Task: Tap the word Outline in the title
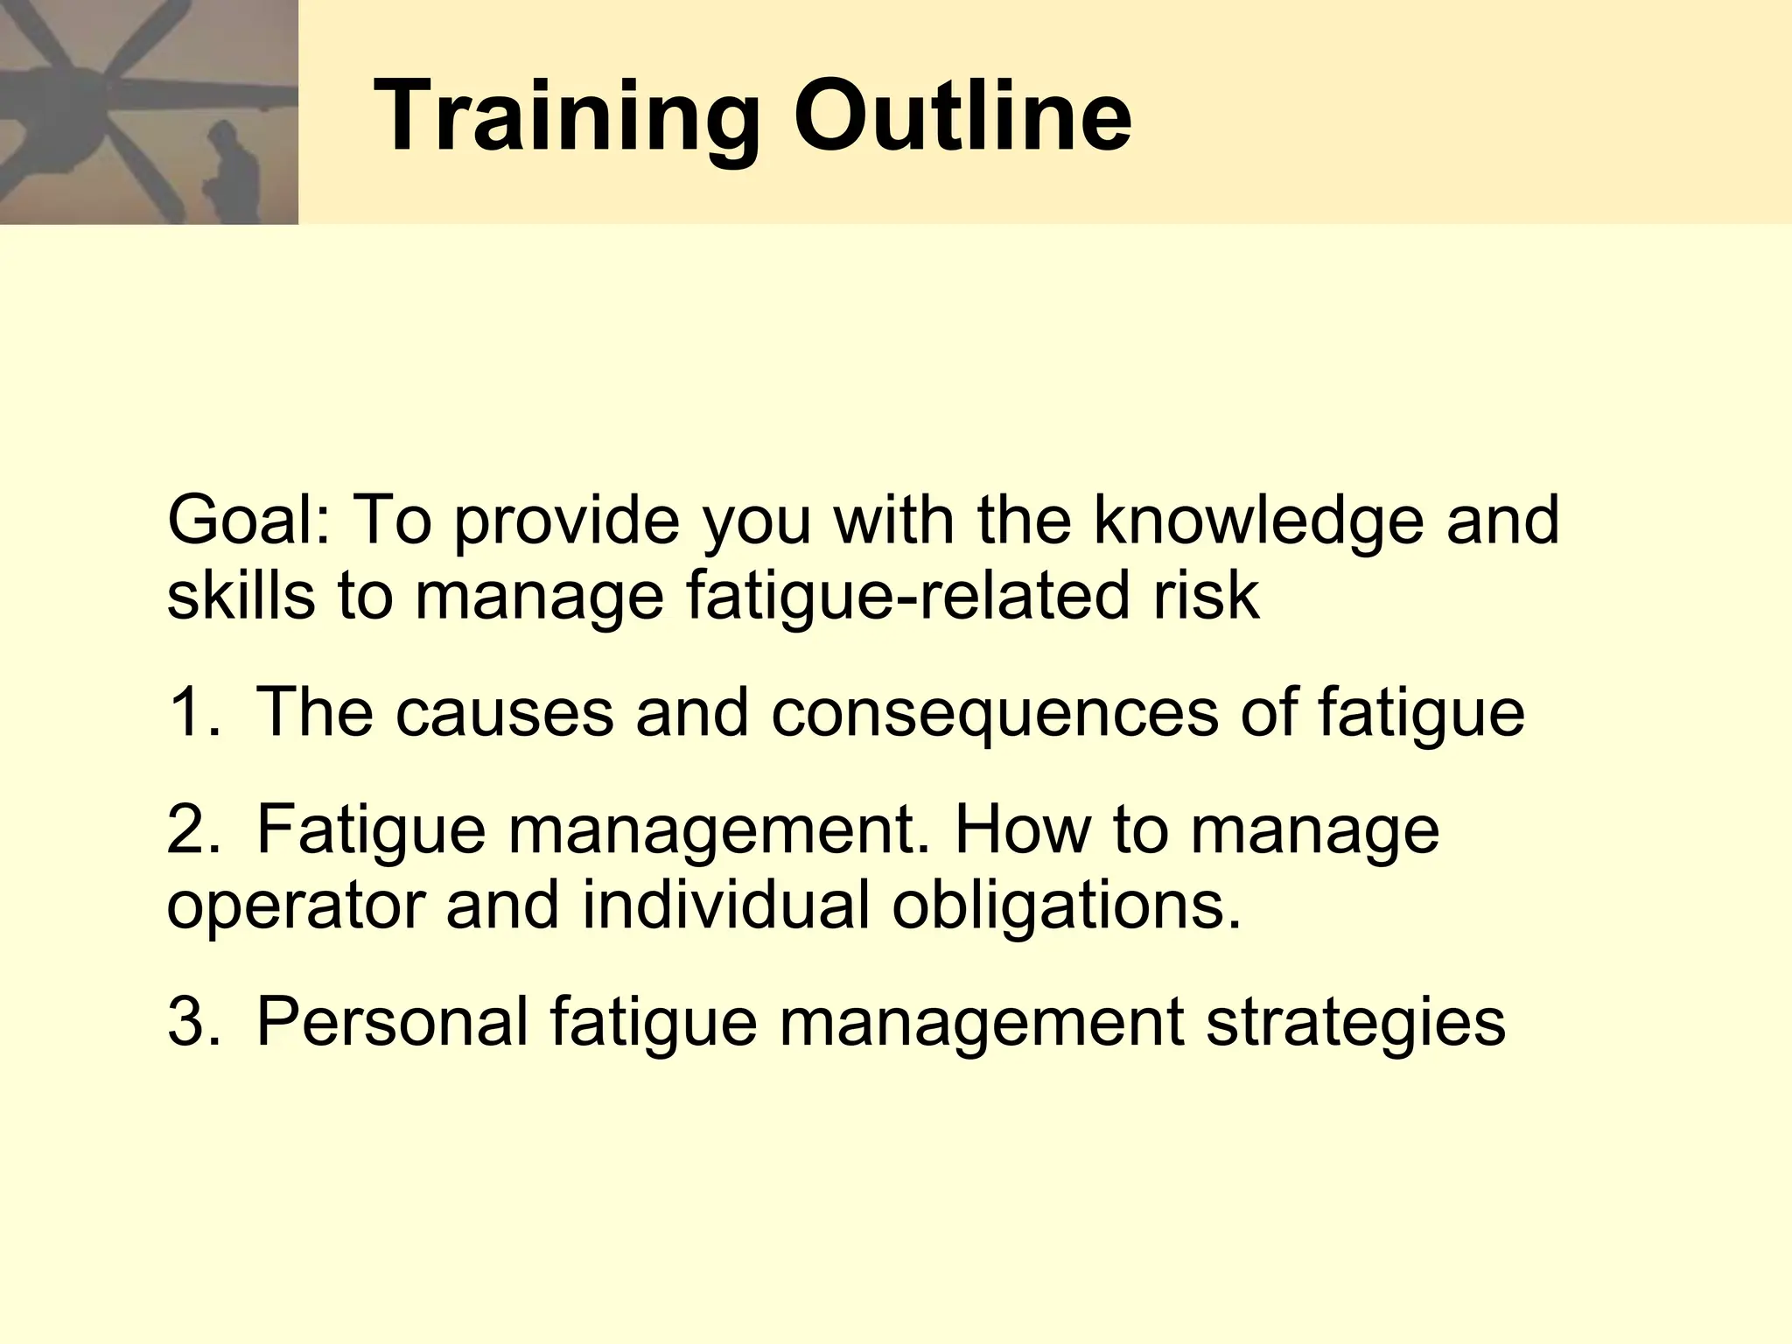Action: click(962, 116)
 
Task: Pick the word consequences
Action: click(994, 712)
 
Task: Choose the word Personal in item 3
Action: click(392, 1022)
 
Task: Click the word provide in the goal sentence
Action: click(567, 521)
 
